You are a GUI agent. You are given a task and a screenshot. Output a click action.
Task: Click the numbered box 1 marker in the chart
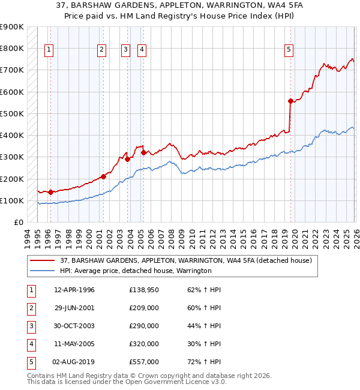(x=49, y=50)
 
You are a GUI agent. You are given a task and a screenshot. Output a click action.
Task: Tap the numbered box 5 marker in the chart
(x=289, y=50)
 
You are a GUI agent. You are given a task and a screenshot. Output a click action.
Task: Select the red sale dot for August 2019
(x=290, y=101)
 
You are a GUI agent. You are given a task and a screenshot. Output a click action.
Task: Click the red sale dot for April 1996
(x=50, y=192)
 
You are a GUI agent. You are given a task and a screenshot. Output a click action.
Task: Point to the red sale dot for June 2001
(x=103, y=177)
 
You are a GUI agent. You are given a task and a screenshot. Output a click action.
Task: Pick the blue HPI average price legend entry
(x=135, y=271)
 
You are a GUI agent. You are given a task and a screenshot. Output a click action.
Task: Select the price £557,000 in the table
(x=144, y=362)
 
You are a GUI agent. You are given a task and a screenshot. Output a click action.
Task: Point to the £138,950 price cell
(x=144, y=290)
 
